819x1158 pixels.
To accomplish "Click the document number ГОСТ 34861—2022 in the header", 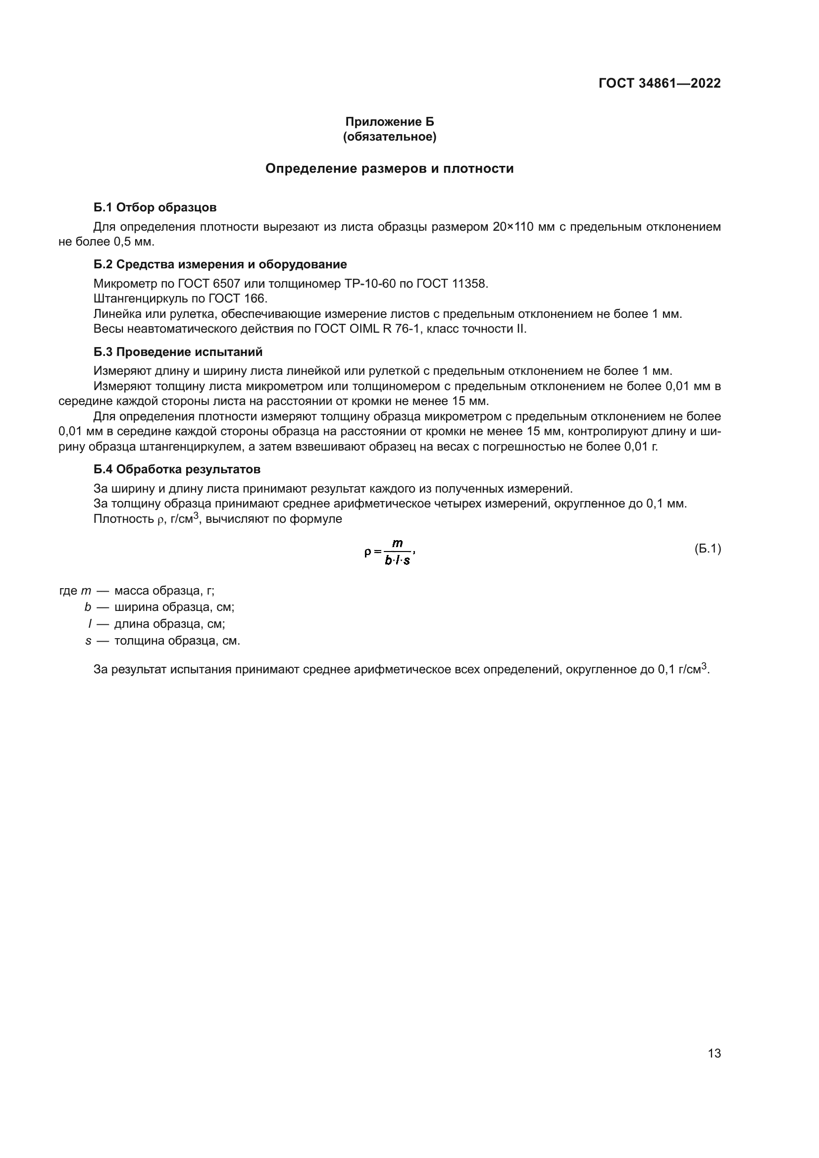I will [659, 83].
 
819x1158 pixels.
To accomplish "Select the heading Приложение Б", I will [389, 122].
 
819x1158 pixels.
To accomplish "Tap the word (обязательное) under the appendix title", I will [389, 137].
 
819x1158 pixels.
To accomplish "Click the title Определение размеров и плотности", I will [389, 168].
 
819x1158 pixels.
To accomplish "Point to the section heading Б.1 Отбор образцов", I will [155, 207].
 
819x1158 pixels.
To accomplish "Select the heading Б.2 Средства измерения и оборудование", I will [220, 264].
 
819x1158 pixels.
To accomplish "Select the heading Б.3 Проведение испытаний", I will [178, 352].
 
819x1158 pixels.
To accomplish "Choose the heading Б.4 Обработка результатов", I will [176, 469].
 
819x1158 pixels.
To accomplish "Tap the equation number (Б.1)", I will [708, 549].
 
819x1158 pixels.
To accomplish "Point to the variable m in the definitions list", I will [86, 591].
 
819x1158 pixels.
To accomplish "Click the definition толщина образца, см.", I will [177, 641].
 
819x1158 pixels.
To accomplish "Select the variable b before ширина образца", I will [88, 607].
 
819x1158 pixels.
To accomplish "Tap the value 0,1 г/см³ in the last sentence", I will [682, 669].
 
